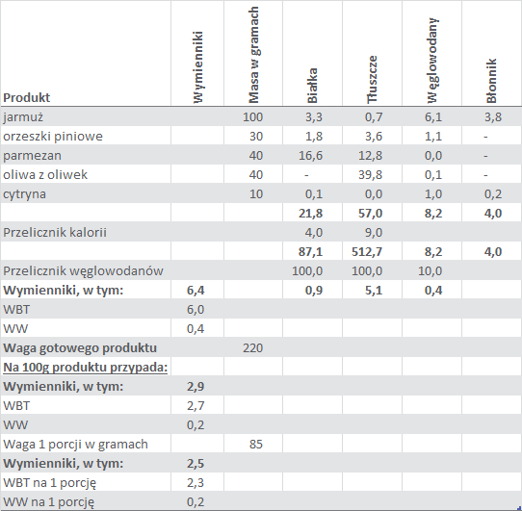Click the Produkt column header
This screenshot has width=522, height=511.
[27, 97]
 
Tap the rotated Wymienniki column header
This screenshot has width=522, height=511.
[197, 67]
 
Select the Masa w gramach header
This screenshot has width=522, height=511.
[253, 55]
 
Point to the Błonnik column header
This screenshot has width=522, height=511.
[491, 81]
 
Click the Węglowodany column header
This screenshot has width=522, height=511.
[432, 61]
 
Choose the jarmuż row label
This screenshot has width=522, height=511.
[23, 117]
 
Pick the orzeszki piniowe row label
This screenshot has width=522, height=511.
[53, 137]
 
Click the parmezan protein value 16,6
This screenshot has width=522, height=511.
[311, 155]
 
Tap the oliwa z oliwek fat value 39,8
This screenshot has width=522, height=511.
[370, 174]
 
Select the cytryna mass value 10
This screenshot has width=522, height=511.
[256, 194]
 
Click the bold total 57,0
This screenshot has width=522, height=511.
[370, 214]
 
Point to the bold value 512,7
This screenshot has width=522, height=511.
[367, 252]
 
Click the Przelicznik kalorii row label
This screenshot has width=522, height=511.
[55, 232]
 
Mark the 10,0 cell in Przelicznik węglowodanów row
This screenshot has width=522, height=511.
[431, 270]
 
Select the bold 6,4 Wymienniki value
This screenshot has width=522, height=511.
[196, 290]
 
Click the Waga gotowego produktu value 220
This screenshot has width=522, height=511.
[253, 348]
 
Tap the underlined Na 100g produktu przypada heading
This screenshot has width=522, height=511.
[85, 368]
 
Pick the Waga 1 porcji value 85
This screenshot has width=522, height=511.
[256, 445]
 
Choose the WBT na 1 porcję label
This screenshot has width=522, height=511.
[50, 483]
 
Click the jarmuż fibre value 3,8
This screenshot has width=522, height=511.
[493, 117]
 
